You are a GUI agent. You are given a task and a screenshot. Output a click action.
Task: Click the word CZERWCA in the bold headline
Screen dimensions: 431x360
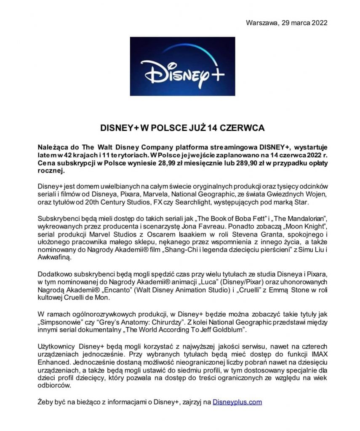(240, 126)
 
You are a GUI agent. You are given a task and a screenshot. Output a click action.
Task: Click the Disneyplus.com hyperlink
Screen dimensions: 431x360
(237, 402)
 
